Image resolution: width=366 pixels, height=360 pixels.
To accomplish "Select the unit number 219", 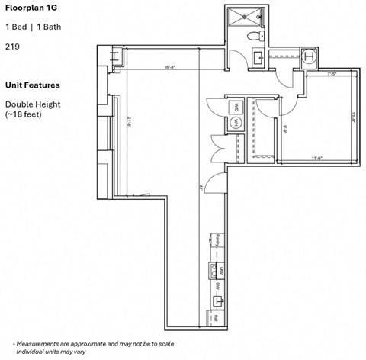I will pos(13,47).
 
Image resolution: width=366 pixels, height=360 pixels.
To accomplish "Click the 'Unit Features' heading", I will pos(32,85).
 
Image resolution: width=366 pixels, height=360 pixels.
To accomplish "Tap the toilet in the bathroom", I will pos(255,35).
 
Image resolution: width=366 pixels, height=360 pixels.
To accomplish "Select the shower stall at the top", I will pos(245,17).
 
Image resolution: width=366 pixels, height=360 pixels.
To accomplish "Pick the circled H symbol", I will pos(309,56).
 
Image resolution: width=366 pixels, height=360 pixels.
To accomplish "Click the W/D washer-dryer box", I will pos(236,107).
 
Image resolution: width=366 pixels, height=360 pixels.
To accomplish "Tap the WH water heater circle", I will pos(236,123).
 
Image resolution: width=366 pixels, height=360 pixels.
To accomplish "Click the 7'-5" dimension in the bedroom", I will pos(332,75).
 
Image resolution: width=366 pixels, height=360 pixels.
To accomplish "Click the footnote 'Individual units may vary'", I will pos(59,352).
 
